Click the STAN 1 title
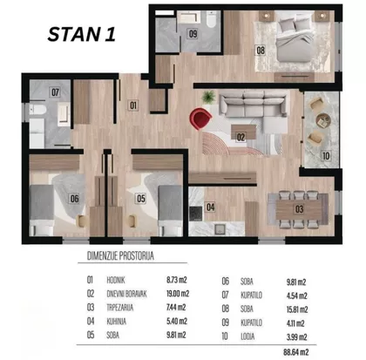pos(82,34)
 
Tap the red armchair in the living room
pos(200,119)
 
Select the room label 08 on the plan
pos(261,51)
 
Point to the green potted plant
pos(208,97)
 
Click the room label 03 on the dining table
pos(299,209)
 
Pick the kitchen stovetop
pos(196,214)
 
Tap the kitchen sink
pos(220,228)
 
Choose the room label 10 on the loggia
pos(326,156)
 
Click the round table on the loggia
pos(323,121)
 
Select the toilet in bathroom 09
pos(211,18)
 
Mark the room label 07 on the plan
pos(55,92)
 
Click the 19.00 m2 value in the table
pos(178,294)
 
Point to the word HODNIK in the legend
pos(116,280)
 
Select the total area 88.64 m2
pos(296,352)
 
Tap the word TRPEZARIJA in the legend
pos(120,308)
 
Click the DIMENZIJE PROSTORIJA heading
pos(120,255)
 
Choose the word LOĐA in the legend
pos(247,336)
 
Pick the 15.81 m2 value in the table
pos(297,309)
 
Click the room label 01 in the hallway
pos(133,105)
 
